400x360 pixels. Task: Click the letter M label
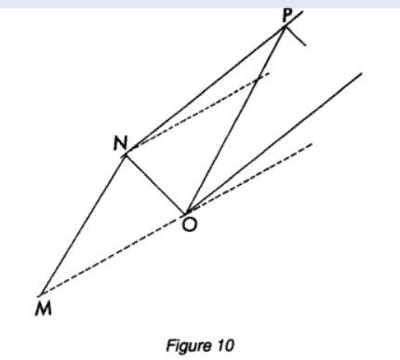tap(43, 309)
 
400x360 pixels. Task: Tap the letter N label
tap(120, 143)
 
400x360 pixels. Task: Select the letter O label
tap(189, 224)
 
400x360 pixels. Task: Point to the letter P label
tap(287, 15)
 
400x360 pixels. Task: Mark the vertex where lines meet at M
tap(41, 294)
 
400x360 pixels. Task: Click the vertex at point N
tap(126, 154)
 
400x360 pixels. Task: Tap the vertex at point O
tap(185, 214)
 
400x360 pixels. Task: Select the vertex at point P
tap(285, 27)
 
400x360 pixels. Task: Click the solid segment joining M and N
tap(83, 224)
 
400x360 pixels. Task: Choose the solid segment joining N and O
tap(155, 184)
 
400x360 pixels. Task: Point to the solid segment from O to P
tap(234, 121)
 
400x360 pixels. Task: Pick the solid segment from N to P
tap(205, 91)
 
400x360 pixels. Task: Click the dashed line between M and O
tap(113, 254)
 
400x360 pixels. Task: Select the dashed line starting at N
tap(202, 109)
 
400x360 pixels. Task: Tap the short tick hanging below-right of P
tap(295, 36)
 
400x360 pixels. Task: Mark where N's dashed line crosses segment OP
tap(257, 80)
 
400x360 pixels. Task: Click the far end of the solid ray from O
tap(362, 73)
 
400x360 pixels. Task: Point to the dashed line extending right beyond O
tap(248, 179)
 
